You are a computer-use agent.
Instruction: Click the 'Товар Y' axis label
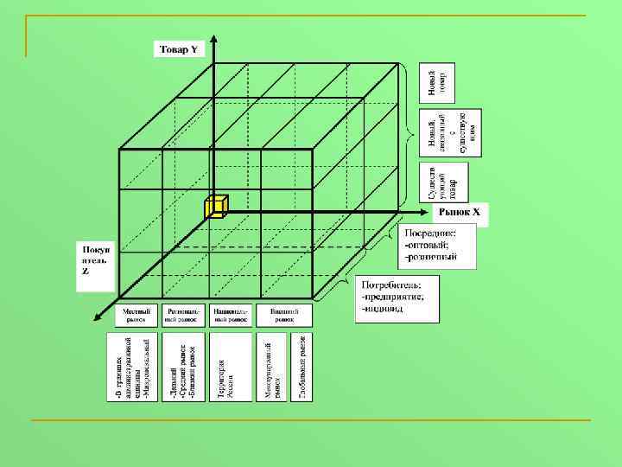pos(179,49)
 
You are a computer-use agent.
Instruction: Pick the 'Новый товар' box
pos(437,83)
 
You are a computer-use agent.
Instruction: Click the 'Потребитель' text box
pos(397,298)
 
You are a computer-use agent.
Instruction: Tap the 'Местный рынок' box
pos(136,316)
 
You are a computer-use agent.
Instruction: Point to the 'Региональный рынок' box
pos(183,316)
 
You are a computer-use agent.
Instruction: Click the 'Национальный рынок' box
pos(231,316)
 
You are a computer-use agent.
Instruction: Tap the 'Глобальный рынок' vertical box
pos(302,368)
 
